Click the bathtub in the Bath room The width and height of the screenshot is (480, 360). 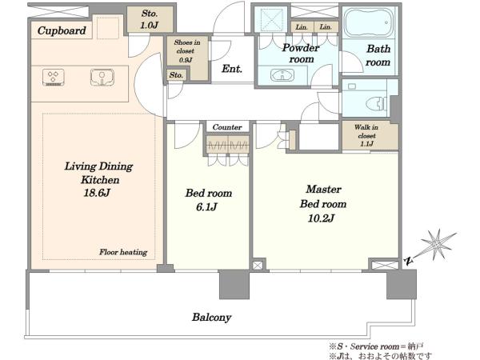pyautogui.click(x=369, y=22)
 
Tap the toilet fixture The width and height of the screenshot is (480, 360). pyautogui.click(x=377, y=103)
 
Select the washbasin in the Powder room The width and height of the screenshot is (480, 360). pyautogui.click(x=282, y=74)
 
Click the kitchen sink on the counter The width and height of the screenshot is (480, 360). pyautogui.click(x=102, y=77)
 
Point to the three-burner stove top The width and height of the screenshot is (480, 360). pyautogui.click(x=54, y=77)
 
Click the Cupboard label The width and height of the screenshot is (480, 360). pyautogui.click(x=62, y=30)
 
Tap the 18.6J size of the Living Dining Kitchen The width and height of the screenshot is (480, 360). pyautogui.click(x=97, y=193)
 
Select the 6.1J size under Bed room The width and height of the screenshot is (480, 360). pyautogui.click(x=206, y=207)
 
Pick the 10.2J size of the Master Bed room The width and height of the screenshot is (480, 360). pyautogui.click(x=321, y=218)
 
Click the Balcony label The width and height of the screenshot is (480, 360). pyautogui.click(x=211, y=318)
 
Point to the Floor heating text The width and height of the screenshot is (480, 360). pyautogui.click(x=123, y=252)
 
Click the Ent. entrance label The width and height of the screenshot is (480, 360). pyautogui.click(x=232, y=69)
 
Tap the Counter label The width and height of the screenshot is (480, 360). pyautogui.click(x=227, y=126)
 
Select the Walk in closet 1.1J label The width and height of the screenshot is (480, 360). pyautogui.click(x=366, y=135)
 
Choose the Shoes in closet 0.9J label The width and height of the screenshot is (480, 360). pyautogui.click(x=186, y=51)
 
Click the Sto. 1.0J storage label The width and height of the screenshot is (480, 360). pyautogui.click(x=150, y=19)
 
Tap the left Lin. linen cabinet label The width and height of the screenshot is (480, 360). pyautogui.click(x=302, y=27)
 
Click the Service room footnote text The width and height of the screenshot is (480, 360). pyautogui.click(x=376, y=346)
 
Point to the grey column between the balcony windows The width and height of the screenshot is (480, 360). pyautogui.click(x=234, y=284)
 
